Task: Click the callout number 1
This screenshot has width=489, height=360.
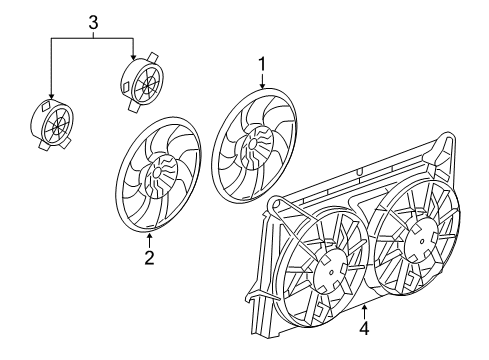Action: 263,65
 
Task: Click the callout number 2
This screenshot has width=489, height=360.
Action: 149,260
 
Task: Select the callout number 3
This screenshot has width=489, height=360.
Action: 92,20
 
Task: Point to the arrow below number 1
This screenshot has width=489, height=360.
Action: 263,82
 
